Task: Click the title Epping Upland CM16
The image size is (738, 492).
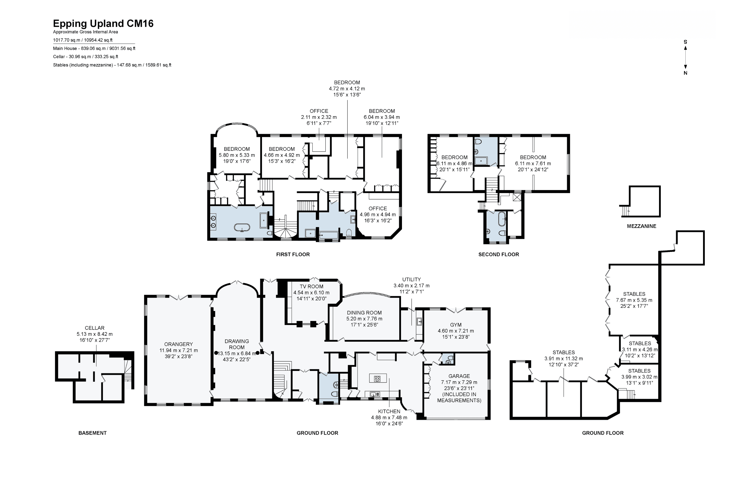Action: click(x=103, y=24)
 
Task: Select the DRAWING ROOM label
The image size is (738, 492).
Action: click(x=237, y=344)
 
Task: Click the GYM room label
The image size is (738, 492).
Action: click(x=456, y=325)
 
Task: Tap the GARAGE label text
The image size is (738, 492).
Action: click(x=459, y=376)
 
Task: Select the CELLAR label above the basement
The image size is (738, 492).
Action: click(x=94, y=328)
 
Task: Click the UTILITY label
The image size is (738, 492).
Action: click(x=411, y=279)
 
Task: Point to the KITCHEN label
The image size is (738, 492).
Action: click(x=389, y=411)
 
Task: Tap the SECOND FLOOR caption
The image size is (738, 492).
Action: click(x=499, y=254)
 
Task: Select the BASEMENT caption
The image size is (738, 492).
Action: click(x=92, y=433)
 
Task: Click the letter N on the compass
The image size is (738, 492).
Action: click(x=685, y=73)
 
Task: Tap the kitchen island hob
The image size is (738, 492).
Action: click(x=378, y=379)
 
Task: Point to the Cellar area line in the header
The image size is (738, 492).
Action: click(x=86, y=57)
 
